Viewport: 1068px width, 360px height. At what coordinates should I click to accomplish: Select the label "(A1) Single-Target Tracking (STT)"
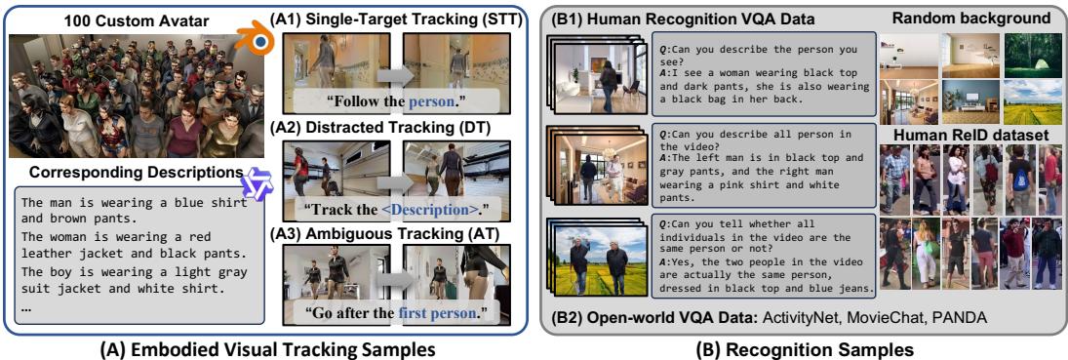click(x=397, y=16)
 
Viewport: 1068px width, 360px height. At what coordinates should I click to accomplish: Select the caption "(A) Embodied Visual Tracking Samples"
click(x=268, y=349)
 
